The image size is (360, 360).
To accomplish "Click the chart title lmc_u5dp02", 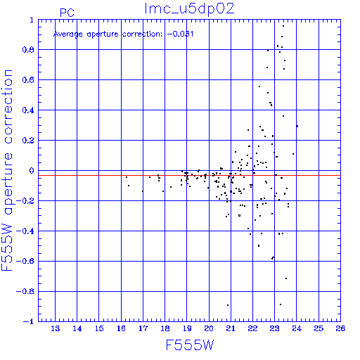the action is (189, 9).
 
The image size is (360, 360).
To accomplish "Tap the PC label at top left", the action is (67, 13).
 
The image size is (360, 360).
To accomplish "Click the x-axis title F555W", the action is (190, 345).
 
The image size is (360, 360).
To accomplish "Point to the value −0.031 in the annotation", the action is (180, 34).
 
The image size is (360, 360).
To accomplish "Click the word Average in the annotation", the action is (68, 34).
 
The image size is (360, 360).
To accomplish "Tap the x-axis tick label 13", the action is (56, 328).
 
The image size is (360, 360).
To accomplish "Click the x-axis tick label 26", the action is (340, 328).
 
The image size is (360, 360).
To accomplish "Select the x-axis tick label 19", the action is (187, 328).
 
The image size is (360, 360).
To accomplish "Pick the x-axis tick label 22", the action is (252, 328).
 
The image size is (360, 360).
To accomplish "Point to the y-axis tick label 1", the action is (32, 20).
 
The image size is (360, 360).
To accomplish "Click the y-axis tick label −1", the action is (29, 321).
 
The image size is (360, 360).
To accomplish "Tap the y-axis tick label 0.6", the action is (28, 79).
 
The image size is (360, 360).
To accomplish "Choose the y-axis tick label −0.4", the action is (25, 231).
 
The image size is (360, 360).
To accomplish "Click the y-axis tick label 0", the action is (32, 170).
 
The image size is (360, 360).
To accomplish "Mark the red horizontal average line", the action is (189, 175).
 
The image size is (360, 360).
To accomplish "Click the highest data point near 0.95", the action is (283, 26).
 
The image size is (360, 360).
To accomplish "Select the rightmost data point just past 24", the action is (297, 126).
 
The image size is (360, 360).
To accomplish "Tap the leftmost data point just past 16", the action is (127, 177).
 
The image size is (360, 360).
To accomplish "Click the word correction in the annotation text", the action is (142, 34).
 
